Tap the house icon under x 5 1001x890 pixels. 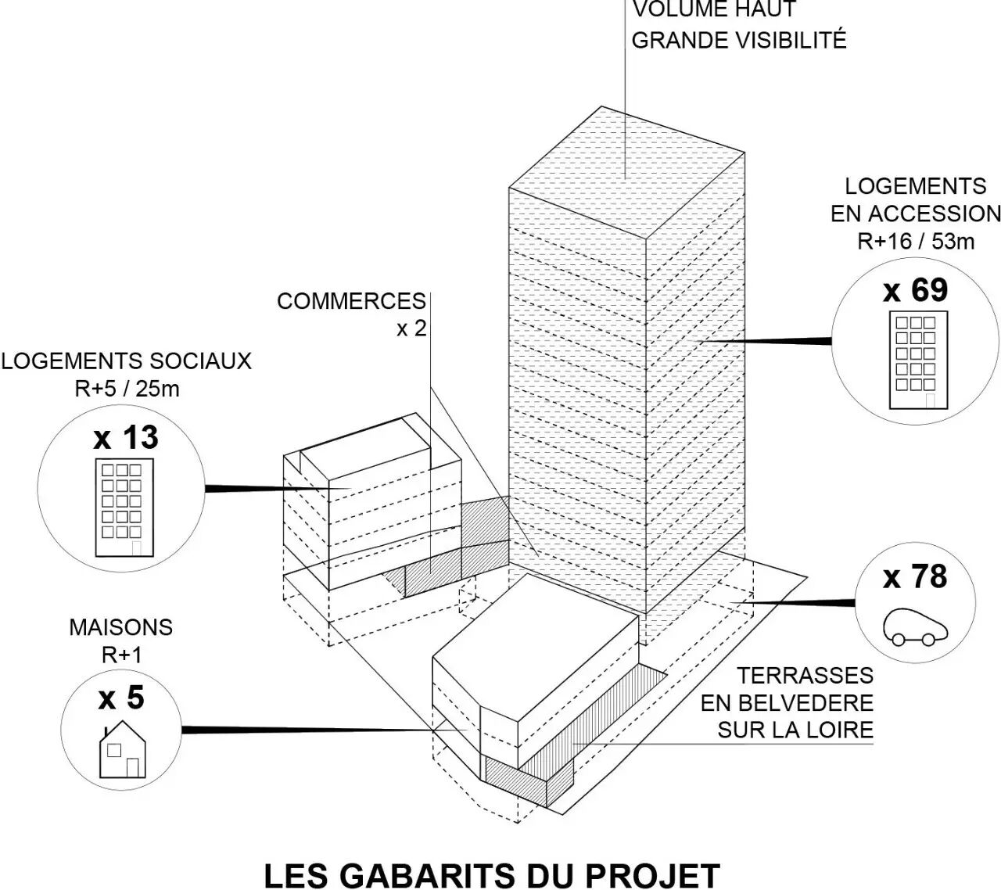click(122, 752)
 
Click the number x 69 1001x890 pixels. click(915, 290)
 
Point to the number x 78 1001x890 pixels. click(915, 577)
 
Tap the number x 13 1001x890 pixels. click(126, 438)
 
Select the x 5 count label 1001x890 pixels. click(121, 698)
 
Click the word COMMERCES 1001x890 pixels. click(351, 301)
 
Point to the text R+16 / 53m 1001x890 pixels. click(916, 241)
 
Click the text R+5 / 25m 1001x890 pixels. click(127, 388)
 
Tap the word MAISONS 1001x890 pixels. click(120, 627)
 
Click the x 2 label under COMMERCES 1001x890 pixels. click(411, 329)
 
